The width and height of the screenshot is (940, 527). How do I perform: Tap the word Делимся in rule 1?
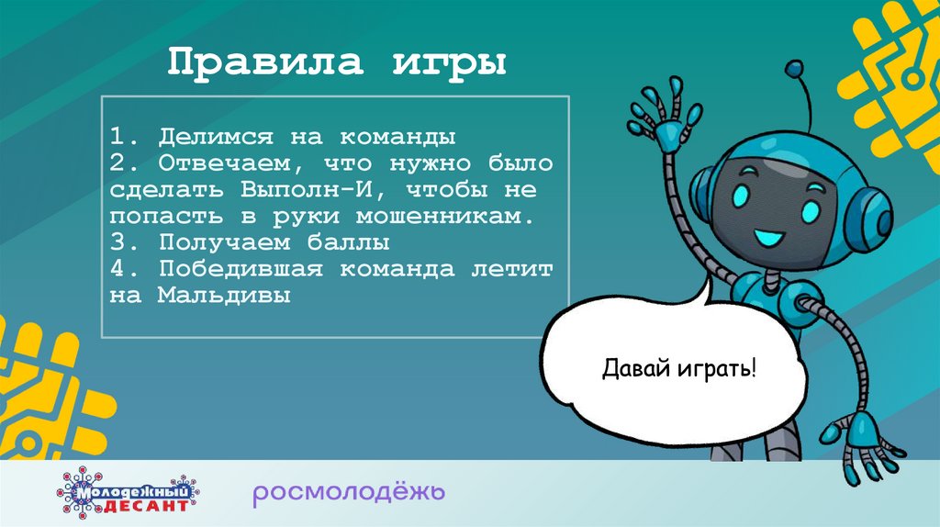click(216, 138)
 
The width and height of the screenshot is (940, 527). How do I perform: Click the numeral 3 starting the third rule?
click(115, 243)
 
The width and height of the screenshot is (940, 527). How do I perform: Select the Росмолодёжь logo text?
click(350, 493)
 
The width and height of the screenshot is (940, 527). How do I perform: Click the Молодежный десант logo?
click(128, 492)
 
